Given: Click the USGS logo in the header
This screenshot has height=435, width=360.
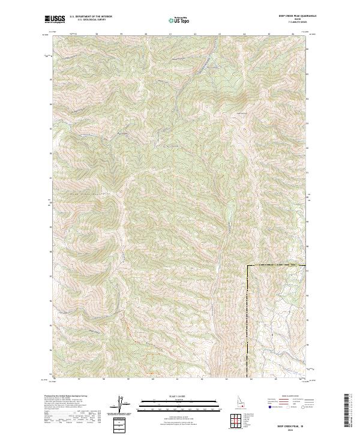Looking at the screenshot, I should pos(52,19).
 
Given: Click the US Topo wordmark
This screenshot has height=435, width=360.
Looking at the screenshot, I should pos(182,21).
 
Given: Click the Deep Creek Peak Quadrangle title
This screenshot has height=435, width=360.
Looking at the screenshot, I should pos(293,16).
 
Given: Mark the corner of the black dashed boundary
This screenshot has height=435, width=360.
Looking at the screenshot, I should pos(248,265).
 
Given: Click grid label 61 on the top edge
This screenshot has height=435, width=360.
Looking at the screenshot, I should pos(170,34).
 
